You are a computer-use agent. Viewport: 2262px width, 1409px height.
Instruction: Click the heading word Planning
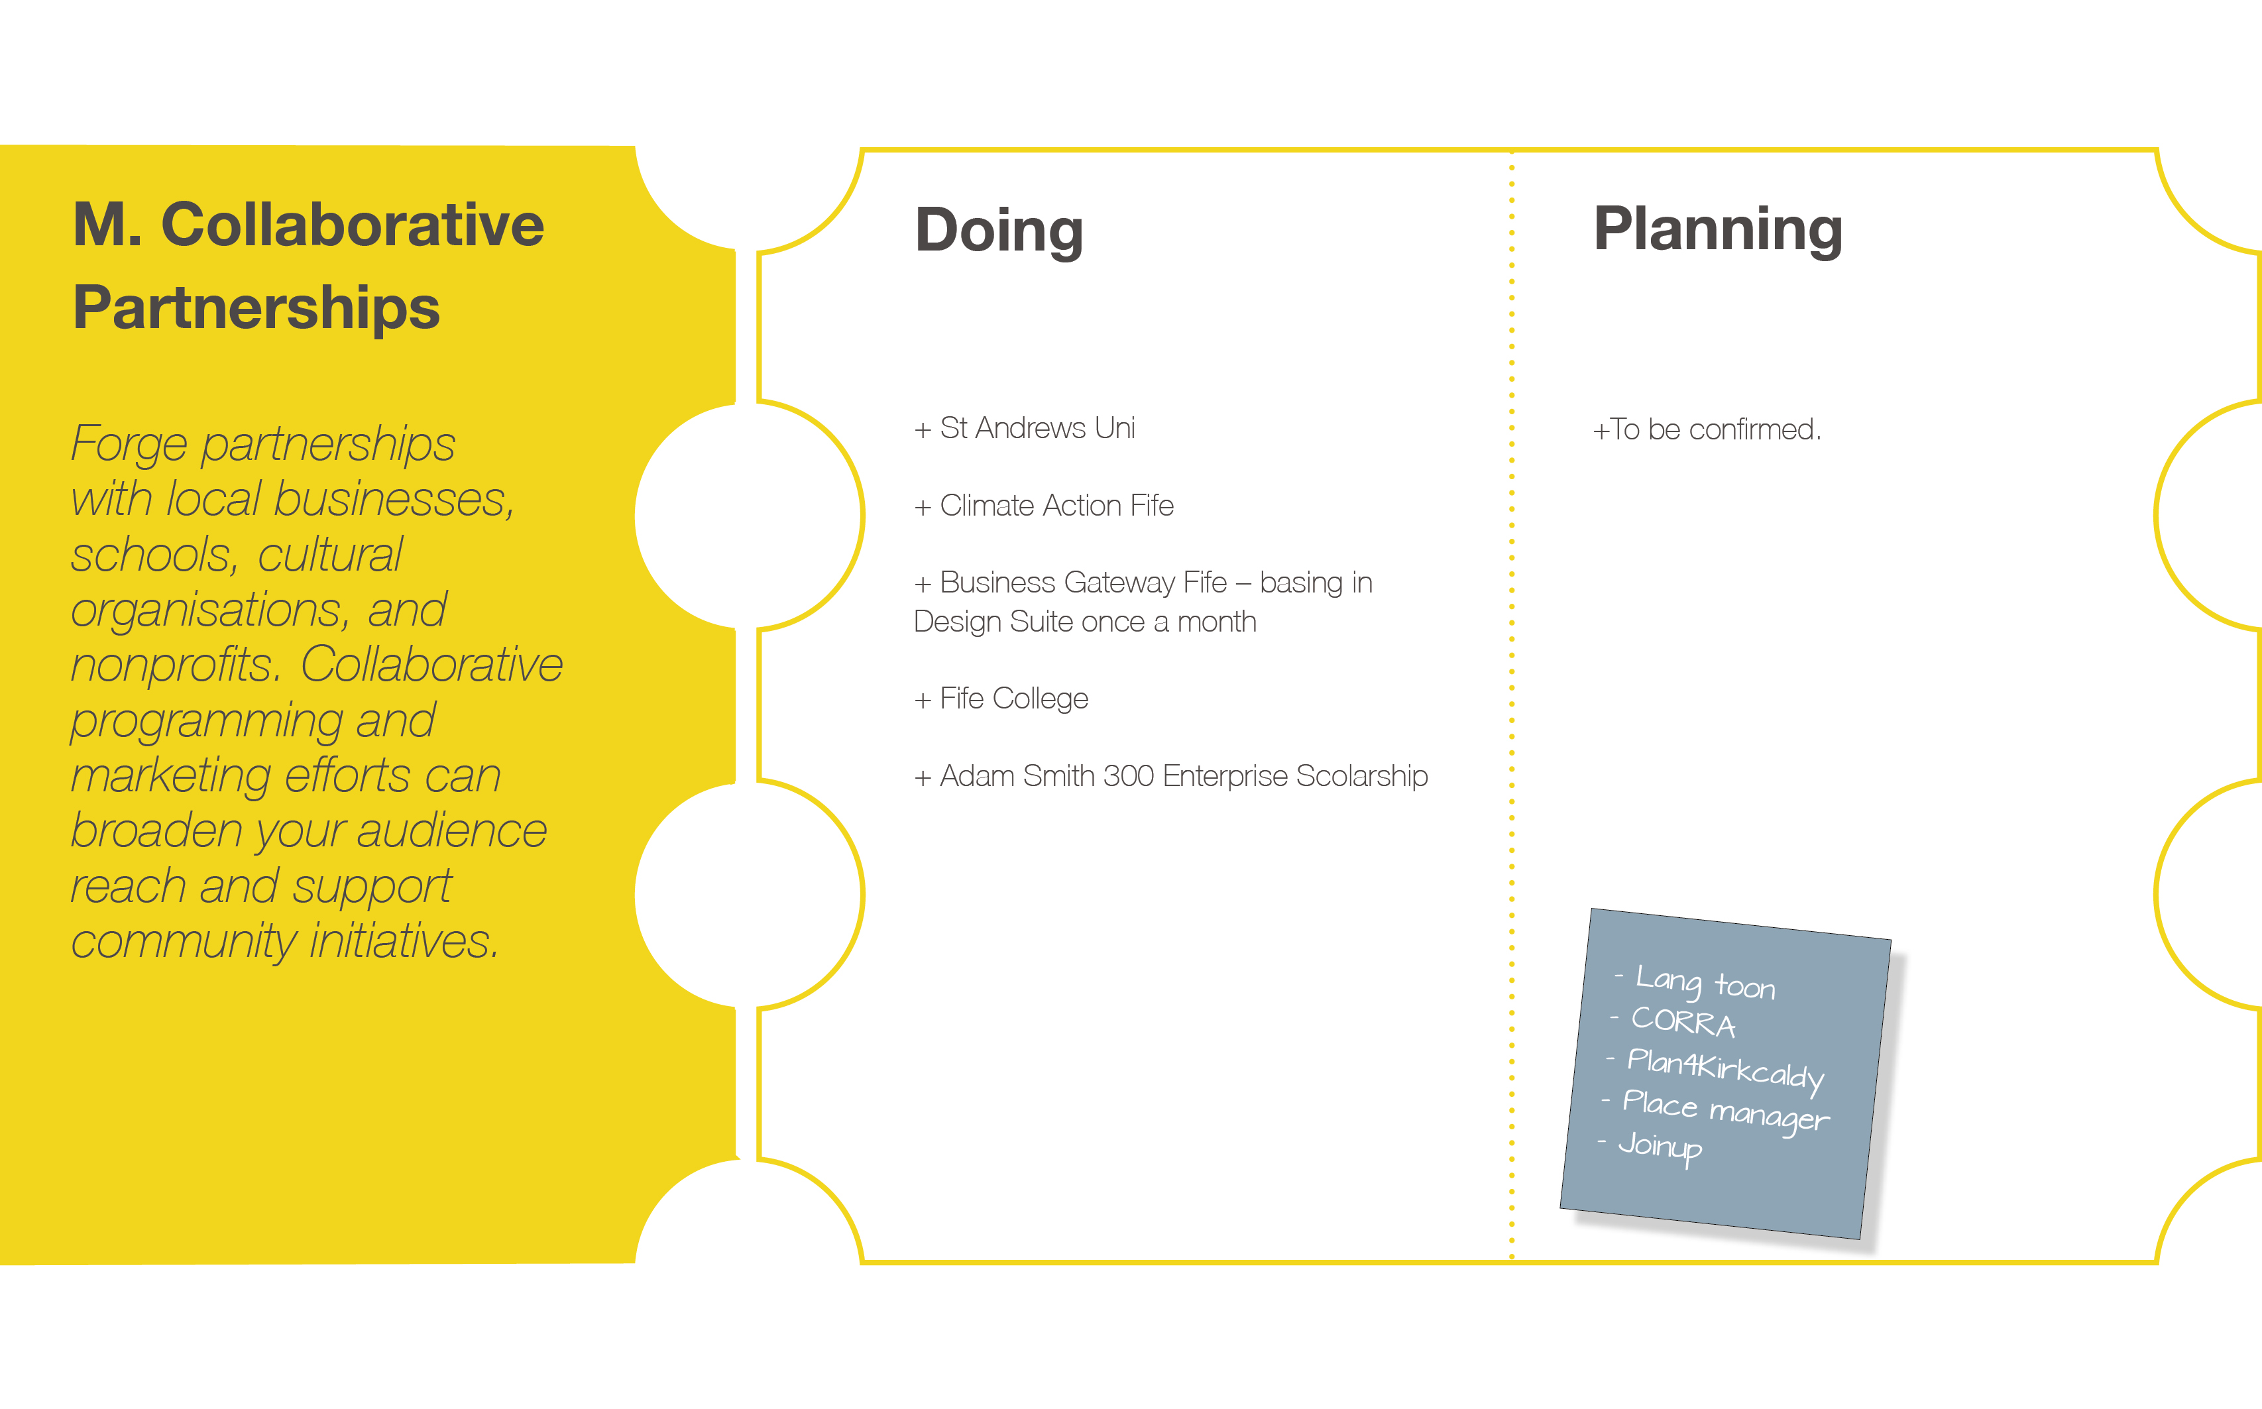pyautogui.click(x=1718, y=229)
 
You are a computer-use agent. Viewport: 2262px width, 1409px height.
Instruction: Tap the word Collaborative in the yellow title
pyautogui.click(x=352, y=225)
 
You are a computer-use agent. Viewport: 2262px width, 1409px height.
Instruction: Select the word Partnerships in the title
pyautogui.click(x=256, y=308)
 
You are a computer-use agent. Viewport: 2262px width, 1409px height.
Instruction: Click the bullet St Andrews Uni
pyautogui.click(x=1025, y=427)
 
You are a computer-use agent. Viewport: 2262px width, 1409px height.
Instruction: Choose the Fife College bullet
pyautogui.click(x=1001, y=698)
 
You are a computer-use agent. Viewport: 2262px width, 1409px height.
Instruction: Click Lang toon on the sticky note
pyautogui.click(x=1704, y=982)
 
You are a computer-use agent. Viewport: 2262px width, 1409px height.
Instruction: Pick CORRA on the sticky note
pyautogui.click(x=1683, y=1021)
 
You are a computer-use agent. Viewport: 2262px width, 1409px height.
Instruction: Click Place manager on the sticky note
pyautogui.click(x=1725, y=1111)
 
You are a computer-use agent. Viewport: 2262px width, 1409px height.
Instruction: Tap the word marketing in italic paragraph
pyautogui.click(x=170, y=776)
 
